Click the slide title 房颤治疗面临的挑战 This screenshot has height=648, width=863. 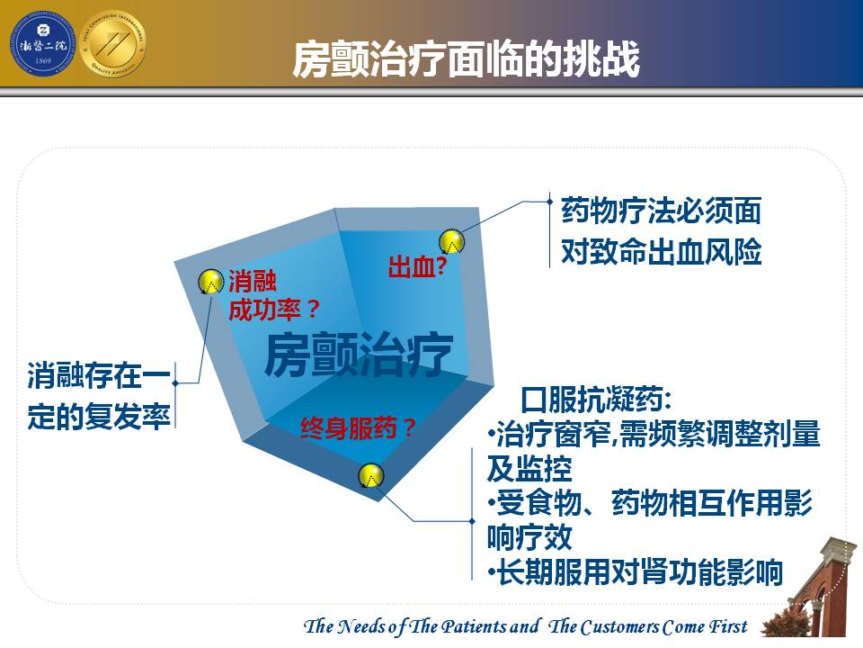click(466, 58)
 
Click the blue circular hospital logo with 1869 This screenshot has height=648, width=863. click(42, 45)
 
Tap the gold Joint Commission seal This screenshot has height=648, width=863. click(113, 44)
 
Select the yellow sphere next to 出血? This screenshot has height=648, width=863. click(451, 241)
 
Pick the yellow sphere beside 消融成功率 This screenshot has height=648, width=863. click(210, 281)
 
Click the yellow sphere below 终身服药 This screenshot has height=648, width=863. click(371, 475)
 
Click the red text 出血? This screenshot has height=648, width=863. click(418, 266)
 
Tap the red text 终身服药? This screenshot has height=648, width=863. click(358, 428)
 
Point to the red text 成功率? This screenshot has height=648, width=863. click(273, 310)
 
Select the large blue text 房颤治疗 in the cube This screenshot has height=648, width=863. click(359, 354)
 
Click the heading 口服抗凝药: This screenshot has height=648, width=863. click(595, 399)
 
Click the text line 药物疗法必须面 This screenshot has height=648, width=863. click(661, 211)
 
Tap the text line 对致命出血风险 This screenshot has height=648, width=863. click(661, 251)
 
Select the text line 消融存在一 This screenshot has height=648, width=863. click(99, 376)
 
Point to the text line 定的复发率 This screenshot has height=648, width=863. click(99, 416)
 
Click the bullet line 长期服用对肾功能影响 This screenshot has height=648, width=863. click(636, 572)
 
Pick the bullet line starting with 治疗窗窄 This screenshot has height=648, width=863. click(654, 434)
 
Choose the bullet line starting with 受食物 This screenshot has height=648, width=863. click(650, 502)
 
